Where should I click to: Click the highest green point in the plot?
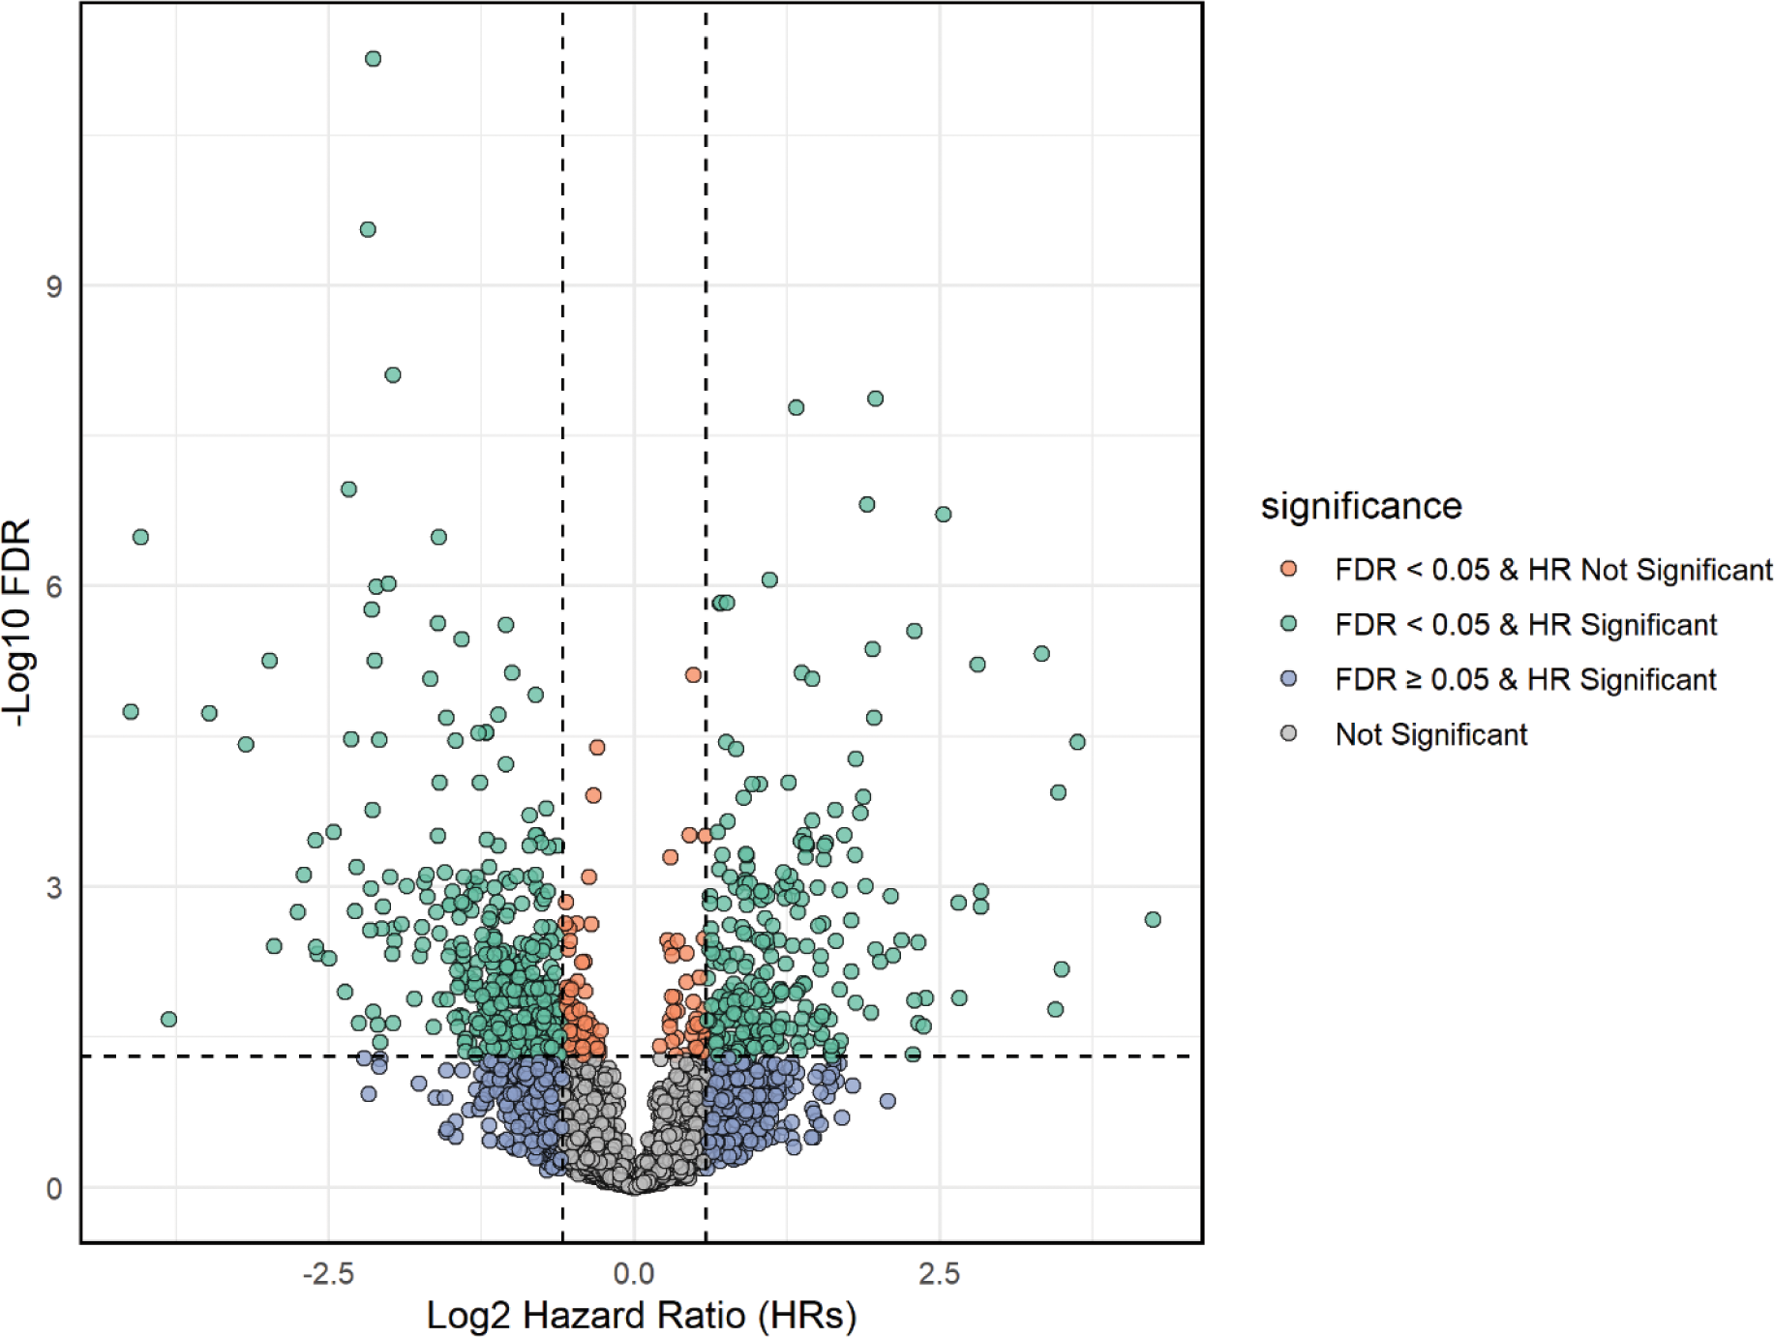[373, 59]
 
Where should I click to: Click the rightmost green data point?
[1152, 919]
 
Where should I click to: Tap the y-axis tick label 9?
[54, 286]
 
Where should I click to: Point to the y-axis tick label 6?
[54, 586]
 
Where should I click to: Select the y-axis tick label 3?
[54, 887]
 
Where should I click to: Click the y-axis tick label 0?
[54, 1188]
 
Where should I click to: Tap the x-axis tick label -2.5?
[328, 1273]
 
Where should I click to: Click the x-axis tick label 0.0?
[634, 1273]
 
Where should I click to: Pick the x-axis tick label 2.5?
[939, 1273]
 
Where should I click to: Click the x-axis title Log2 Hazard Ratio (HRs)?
[642, 1315]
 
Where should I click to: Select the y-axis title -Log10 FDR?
[19, 624]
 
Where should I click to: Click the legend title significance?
[1361, 506]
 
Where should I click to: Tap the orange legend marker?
[1288, 569]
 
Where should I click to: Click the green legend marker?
[1288, 624]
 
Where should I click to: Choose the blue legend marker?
[1288, 679]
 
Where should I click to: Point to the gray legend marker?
[1288, 733]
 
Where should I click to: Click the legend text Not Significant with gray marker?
[1430, 734]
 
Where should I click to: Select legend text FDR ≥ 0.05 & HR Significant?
[1525, 679]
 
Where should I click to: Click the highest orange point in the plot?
[693, 674]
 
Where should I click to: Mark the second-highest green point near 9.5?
[368, 229]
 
